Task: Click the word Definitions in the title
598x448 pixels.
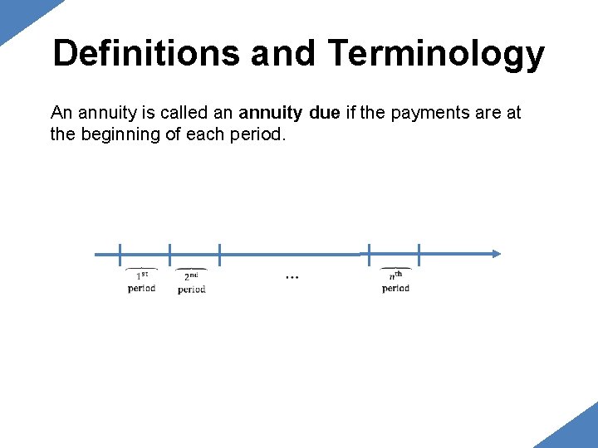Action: coord(146,54)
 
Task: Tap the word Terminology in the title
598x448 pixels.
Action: coord(436,54)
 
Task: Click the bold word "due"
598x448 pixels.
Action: coord(323,113)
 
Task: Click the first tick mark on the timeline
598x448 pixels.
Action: coord(120,254)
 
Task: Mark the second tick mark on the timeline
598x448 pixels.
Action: coord(169,254)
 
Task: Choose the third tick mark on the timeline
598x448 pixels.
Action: coord(219,254)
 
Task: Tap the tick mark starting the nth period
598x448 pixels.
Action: coord(370,254)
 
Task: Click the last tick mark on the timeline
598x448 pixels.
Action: coord(419,254)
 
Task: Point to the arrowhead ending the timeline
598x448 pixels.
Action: coord(496,254)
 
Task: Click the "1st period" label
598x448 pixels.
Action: coord(142,281)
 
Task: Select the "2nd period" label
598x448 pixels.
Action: coord(191,282)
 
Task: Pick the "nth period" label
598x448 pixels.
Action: coord(395,281)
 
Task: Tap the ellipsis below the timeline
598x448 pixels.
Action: coord(292,276)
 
